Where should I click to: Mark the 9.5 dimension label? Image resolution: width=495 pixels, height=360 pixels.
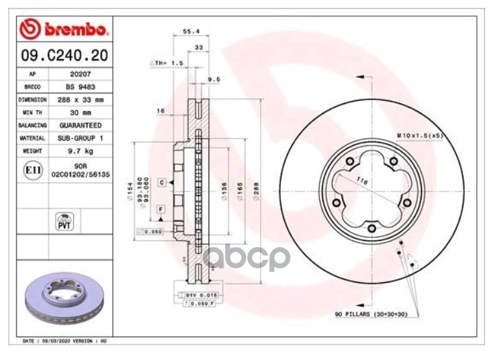coord(214,79)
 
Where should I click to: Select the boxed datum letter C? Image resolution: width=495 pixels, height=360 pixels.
coord(162,182)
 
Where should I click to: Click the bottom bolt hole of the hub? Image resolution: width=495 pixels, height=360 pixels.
coord(371,228)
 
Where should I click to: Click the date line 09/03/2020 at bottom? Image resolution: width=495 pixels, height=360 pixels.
coord(65,341)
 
